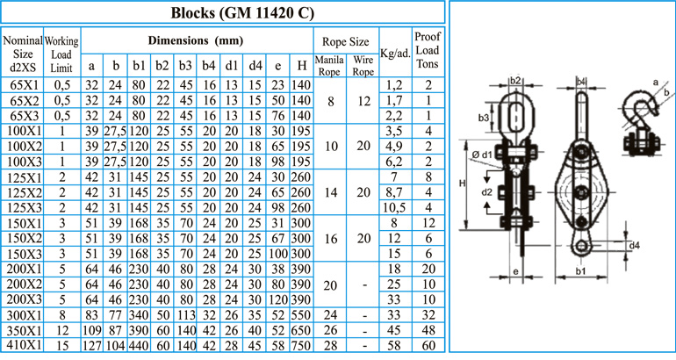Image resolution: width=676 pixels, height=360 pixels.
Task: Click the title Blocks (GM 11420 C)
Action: [x=242, y=12]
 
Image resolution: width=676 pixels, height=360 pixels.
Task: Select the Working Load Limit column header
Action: [x=61, y=54]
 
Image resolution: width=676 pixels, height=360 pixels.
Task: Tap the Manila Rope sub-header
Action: [x=329, y=66]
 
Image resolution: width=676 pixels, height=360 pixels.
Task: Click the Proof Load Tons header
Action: [x=428, y=50]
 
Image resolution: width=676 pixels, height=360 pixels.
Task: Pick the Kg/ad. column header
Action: [x=395, y=54]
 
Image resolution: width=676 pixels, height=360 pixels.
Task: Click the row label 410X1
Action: [x=25, y=345]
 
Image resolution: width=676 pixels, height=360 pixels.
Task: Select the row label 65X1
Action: [x=25, y=85]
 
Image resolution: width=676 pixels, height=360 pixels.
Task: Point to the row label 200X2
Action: [x=25, y=284]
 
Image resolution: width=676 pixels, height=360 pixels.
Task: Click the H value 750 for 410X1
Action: [x=301, y=345]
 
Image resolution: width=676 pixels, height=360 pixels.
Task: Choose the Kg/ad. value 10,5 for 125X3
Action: [x=394, y=208]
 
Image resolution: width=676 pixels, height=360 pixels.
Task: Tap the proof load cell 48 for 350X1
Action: [x=428, y=330]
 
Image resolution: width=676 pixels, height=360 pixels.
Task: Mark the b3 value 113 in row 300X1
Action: [x=185, y=314]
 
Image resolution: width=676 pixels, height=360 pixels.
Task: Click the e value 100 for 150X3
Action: [x=278, y=254]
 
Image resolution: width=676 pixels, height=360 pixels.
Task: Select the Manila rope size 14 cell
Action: [x=331, y=192]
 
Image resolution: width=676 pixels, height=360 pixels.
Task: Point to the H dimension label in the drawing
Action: [x=462, y=184]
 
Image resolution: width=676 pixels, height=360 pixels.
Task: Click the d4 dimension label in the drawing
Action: [x=634, y=245]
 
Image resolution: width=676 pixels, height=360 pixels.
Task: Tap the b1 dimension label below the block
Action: [x=580, y=271]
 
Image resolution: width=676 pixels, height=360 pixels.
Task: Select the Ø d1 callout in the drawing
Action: [x=482, y=155]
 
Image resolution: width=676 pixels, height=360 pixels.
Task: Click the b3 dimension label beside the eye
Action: [x=483, y=118]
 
